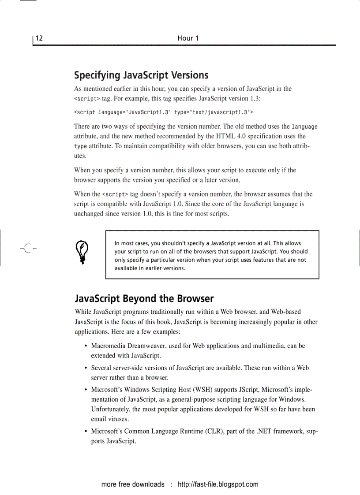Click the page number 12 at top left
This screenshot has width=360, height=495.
pyautogui.click(x=39, y=38)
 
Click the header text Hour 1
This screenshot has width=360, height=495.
pyautogui.click(x=188, y=38)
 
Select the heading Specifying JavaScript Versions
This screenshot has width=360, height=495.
pyautogui.click(x=141, y=75)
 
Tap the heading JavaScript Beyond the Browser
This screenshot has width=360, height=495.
pyautogui.click(x=144, y=298)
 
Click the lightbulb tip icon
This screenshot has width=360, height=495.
pyautogui.click(x=82, y=252)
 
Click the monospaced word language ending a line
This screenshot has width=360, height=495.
pyautogui.click(x=304, y=127)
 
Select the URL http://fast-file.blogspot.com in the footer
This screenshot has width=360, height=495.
pyautogui.click(x=218, y=484)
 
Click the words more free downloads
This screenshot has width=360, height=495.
pyautogui.click(x=133, y=484)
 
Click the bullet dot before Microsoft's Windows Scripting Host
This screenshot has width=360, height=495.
pyautogui.click(x=85, y=390)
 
